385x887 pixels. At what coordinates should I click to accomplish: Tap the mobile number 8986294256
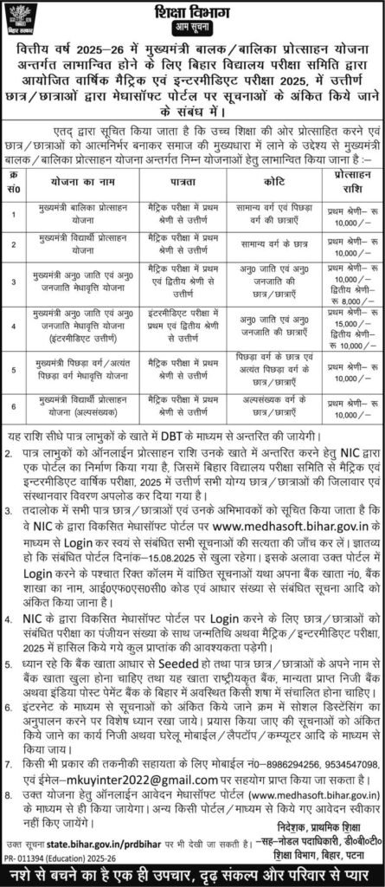coord(300,752)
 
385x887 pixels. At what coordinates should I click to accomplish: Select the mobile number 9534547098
coord(356,752)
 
